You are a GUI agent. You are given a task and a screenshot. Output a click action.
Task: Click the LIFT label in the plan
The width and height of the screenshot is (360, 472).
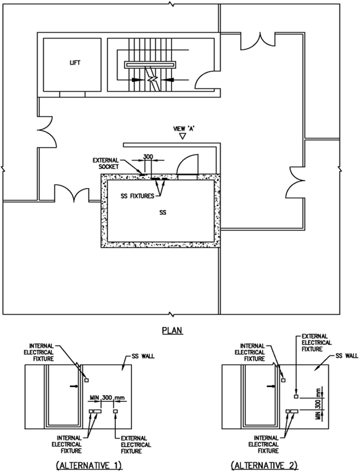coord(75,63)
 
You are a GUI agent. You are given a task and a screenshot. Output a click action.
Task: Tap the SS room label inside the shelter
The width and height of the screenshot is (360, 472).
coord(163,213)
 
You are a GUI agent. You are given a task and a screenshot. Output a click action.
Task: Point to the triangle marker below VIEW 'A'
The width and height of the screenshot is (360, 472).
coord(182,136)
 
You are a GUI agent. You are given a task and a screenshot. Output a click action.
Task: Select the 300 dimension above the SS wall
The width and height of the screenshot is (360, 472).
coord(148,156)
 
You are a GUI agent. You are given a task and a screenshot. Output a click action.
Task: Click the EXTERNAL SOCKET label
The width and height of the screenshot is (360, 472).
coord(105,164)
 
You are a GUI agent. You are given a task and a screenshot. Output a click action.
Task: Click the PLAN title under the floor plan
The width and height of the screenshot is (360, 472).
coord(173,331)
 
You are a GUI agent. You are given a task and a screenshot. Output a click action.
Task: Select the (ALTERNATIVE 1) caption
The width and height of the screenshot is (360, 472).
coord(89,465)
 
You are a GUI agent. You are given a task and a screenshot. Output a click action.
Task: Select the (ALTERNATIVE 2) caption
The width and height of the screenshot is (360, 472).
coord(265,465)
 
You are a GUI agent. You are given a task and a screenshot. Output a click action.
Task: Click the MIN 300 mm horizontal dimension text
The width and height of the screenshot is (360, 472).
coord(107,398)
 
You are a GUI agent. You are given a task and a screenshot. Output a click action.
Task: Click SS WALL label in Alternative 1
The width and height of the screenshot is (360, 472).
coord(143,357)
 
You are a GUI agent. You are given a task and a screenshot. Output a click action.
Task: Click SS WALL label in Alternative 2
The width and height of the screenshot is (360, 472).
coord(347,356)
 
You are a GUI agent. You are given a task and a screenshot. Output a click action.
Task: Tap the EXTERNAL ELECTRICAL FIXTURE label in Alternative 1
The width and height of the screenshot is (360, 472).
coord(136,445)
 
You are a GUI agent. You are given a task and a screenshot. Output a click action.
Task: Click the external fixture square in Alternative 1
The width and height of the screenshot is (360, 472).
coord(115,411)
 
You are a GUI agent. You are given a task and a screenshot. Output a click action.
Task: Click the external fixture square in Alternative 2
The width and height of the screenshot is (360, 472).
coord(296,396)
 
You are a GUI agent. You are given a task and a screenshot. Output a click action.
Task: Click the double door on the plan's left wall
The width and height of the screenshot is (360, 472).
coord(47,131)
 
